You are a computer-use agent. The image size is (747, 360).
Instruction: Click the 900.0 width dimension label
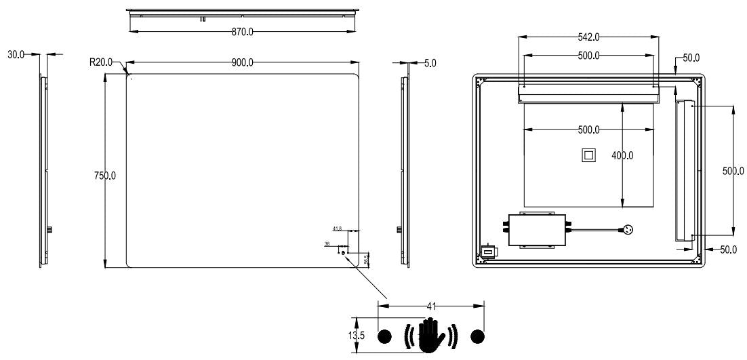(242, 62)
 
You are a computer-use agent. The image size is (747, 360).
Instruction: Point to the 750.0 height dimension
(104, 176)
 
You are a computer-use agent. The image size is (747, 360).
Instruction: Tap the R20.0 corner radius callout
(100, 62)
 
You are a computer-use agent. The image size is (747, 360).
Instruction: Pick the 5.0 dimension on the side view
(430, 62)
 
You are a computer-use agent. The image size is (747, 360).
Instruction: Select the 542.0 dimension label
(588, 37)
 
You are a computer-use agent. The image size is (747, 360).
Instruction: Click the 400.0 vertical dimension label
(622, 155)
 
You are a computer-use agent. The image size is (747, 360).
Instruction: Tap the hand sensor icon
(431, 335)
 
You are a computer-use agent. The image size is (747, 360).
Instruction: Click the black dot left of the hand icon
(384, 336)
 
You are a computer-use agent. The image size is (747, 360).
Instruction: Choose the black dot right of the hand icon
(478, 336)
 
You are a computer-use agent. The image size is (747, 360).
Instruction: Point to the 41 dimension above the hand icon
(431, 306)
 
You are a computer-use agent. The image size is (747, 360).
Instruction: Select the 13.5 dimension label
(349, 334)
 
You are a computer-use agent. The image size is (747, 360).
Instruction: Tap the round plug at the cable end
(628, 230)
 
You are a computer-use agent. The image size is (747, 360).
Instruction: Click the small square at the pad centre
(588, 155)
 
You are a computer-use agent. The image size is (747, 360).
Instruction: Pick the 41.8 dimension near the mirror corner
(337, 228)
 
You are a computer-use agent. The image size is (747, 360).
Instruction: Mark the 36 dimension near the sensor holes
(327, 243)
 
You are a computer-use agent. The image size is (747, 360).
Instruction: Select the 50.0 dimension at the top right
(691, 58)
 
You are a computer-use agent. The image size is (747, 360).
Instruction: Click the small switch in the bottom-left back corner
(487, 253)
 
